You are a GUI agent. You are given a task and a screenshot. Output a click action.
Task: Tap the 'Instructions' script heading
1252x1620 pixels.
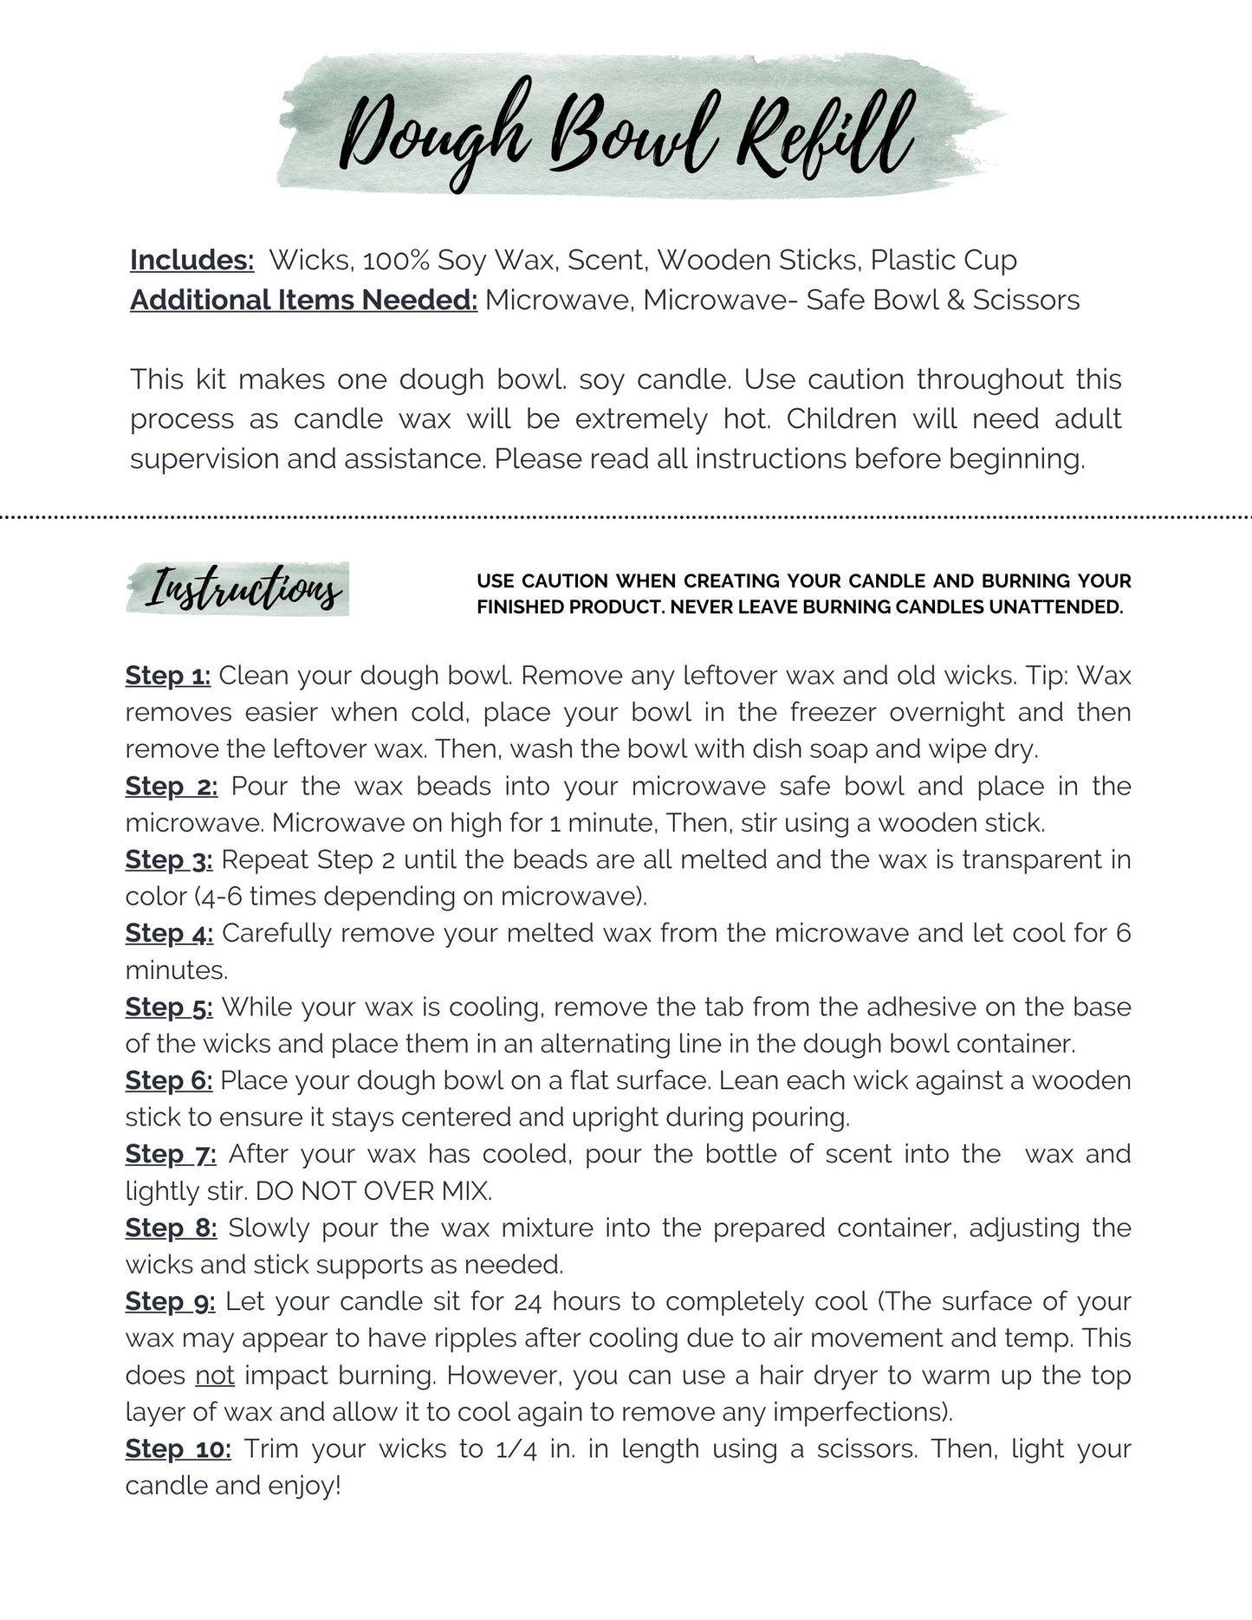[243, 589]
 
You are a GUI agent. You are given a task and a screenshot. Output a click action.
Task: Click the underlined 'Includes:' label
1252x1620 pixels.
[191, 260]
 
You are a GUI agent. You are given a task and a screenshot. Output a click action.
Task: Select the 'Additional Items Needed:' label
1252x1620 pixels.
[303, 300]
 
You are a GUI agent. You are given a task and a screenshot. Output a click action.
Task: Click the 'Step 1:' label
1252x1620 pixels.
[168, 675]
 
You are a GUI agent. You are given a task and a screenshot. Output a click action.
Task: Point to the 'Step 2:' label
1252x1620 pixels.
[172, 786]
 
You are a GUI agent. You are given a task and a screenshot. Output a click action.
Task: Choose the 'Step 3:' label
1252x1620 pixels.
[169, 859]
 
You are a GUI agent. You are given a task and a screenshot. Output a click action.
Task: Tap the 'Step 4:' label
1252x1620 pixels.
[169, 933]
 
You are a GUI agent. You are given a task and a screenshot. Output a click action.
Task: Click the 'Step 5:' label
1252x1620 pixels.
[169, 1007]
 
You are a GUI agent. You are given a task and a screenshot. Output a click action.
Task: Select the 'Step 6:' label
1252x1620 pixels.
[169, 1080]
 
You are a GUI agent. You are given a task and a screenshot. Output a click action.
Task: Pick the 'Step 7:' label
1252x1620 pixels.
[171, 1154]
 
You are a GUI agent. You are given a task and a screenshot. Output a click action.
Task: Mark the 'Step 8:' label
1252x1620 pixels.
[171, 1228]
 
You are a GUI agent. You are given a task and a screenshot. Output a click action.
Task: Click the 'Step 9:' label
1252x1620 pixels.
[171, 1301]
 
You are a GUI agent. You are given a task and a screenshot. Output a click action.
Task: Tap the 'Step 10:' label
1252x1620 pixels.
[178, 1448]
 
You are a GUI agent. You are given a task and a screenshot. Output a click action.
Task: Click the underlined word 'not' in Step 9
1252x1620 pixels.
[215, 1375]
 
